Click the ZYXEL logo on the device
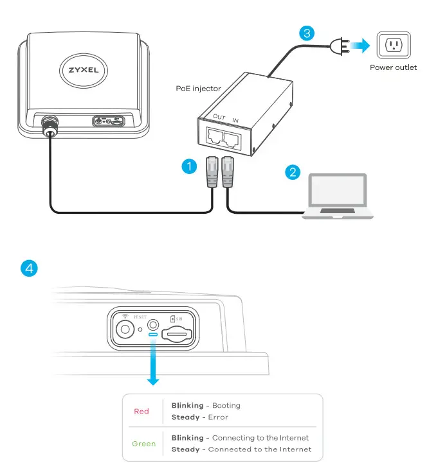point(79,69)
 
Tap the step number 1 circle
point(188,167)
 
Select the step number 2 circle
point(293,171)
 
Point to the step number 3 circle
point(307,32)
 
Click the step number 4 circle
point(30,268)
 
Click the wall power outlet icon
point(392,45)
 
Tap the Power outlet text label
point(393,67)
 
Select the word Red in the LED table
point(141,412)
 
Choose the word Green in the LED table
point(143,444)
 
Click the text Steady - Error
point(199,417)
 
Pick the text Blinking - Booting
point(206,406)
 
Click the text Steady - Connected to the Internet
point(241,449)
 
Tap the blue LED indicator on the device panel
point(153,335)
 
